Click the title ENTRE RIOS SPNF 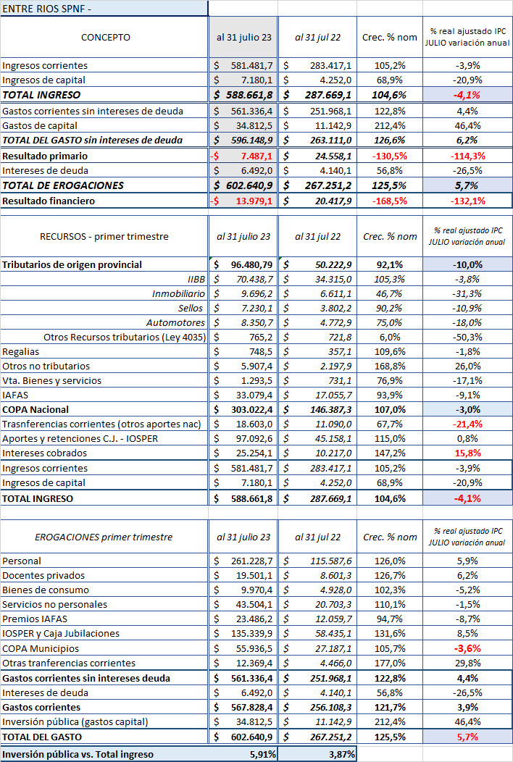(x=46, y=8)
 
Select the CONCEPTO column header (x=106, y=38)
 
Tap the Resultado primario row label (x=45, y=156)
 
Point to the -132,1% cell (x=467, y=201)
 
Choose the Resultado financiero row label (x=49, y=201)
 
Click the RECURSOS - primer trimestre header (x=104, y=237)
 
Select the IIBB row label (x=196, y=279)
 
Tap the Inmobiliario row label (x=178, y=293)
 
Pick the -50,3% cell (x=467, y=337)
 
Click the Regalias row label (x=21, y=351)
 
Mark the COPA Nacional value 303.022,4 (x=252, y=409)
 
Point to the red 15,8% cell (x=467, y=453)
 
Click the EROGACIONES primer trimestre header (x=104, y=537)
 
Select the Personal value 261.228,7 (x=252, y=561)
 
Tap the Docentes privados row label (x=43, y=575)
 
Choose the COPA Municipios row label (x=41, y=648)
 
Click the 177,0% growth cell (x=390, y=663)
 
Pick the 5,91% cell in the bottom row (x=263, y=754)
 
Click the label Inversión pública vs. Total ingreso (x=78, y=754)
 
